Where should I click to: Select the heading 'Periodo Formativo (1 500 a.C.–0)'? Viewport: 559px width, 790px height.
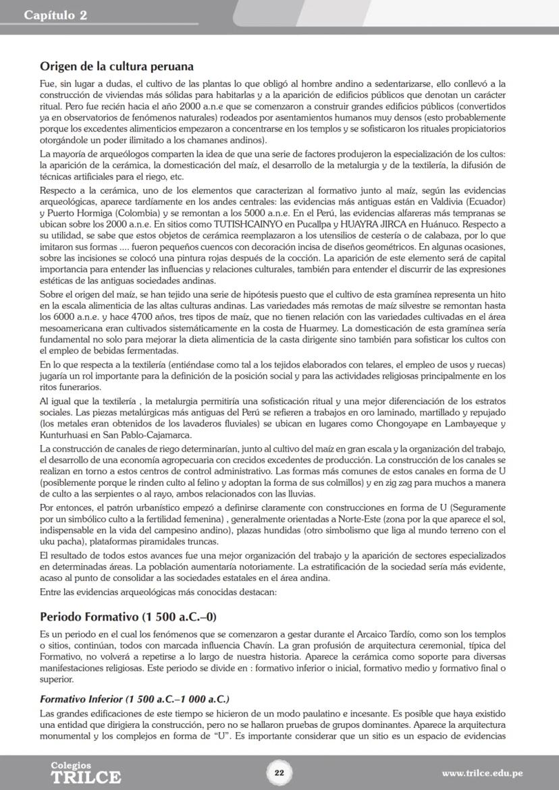pos(128,617)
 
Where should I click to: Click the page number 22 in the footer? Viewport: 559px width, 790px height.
pos(279,772)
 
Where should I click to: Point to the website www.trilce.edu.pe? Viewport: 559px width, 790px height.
pos(482,773)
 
